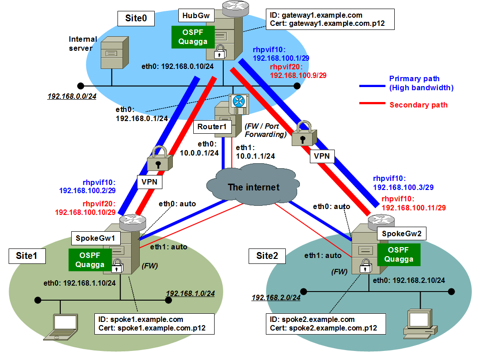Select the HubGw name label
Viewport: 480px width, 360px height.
tap(196, 16)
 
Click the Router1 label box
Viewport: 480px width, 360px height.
tap(212, 126)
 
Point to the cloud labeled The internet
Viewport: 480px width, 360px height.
tap(247, 186)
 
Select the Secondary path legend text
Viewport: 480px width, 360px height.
tap(418, 105)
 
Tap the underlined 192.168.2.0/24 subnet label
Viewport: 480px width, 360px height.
tap(276, 298)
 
